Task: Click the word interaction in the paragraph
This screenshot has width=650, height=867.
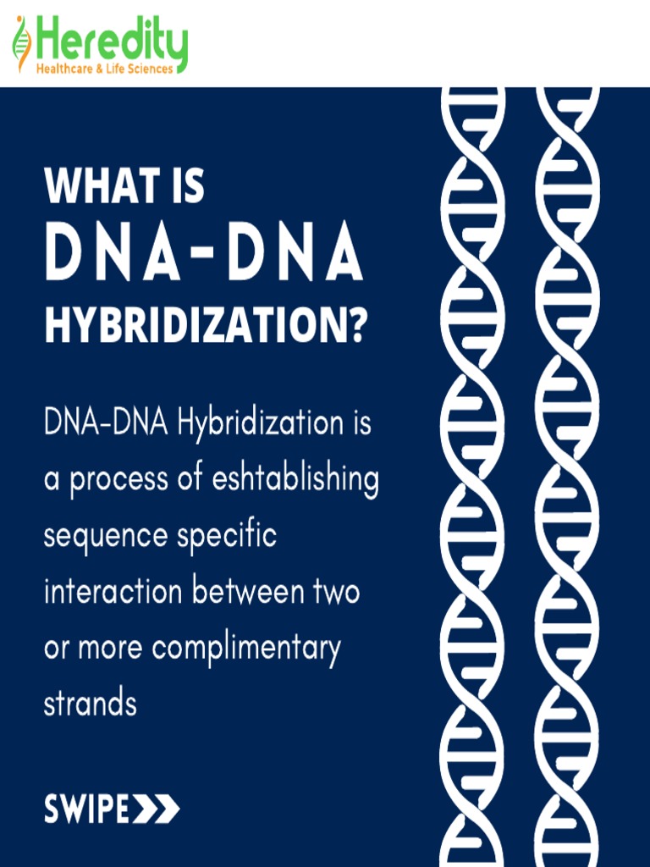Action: coord(112,592)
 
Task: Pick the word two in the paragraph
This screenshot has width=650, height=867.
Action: coord(336,592)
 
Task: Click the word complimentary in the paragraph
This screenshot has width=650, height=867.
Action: coord(246,649)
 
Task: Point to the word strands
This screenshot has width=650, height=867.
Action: coord(90,704)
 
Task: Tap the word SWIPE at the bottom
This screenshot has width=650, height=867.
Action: coord(87,809)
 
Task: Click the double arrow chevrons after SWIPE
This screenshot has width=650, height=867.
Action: coord(157,809)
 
